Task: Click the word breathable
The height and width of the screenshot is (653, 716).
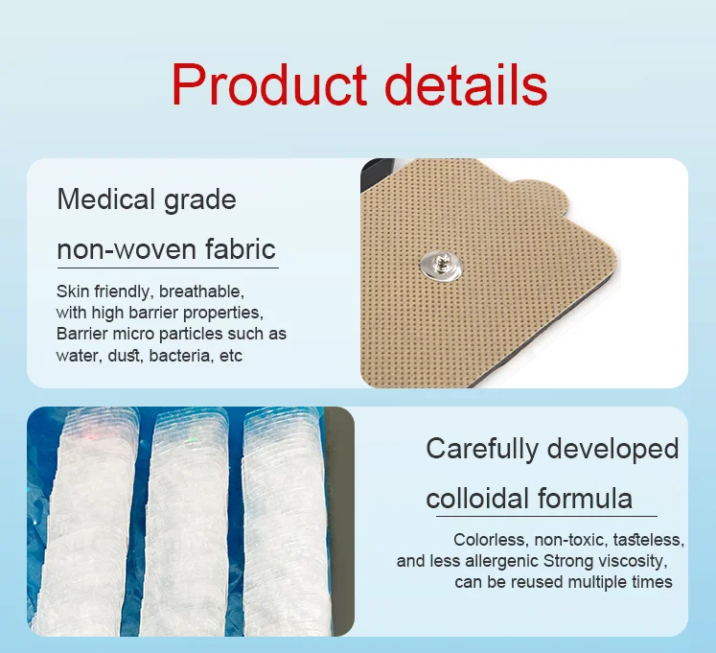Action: [x=201, y=291]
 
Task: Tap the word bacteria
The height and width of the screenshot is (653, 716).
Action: [x=185, y=356]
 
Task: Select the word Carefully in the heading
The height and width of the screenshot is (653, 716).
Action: [x=482, y=449]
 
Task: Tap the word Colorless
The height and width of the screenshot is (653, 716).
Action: [x=487, y=540]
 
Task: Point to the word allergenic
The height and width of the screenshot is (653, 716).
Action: [x=506, y=561]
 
